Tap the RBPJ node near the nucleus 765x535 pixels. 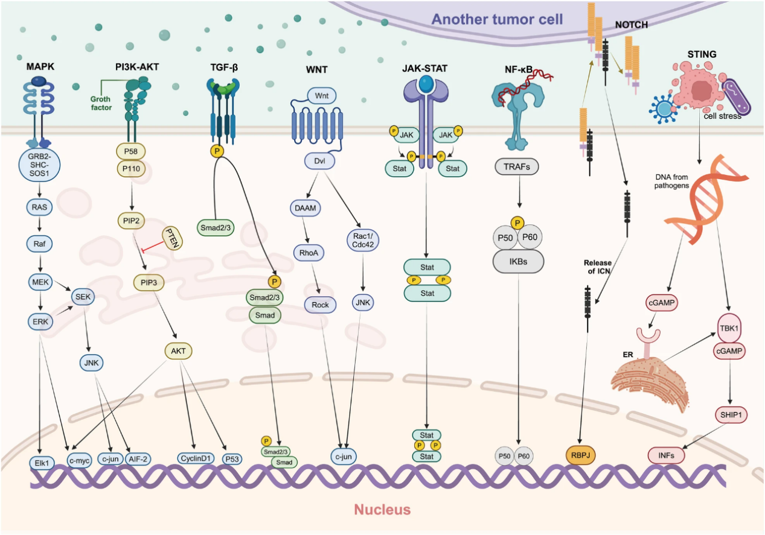tap(580, 454)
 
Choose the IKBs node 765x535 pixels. tap(519, 261)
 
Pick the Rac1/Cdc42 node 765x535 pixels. tap(362, 239)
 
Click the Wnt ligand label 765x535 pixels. tap(322, 95)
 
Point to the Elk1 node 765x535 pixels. tap(41, 463)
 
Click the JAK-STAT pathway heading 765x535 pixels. tap(426, 68)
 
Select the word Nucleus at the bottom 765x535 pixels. tap(382, 510)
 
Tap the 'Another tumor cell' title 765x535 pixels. tap(497, 19)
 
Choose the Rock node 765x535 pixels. tap(320, 305)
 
